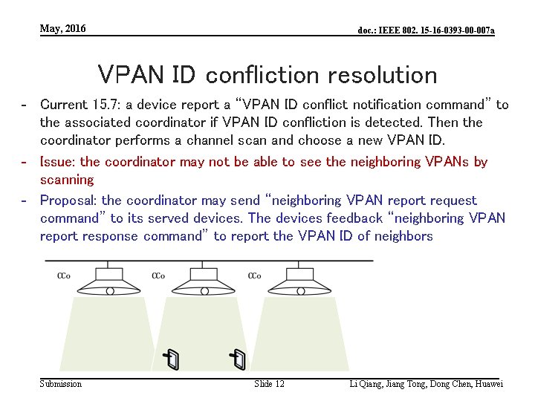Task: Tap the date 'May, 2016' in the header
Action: pos(63,29)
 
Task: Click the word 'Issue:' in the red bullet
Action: pos(58,162)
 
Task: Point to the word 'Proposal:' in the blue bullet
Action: pos(69,200)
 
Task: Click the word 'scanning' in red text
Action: pos(67,180)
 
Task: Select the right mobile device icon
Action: pos(238,359)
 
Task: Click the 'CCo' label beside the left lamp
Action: pos(64,276)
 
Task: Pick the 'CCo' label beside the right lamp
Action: pos(254,276)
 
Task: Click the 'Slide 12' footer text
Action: pos(269,384)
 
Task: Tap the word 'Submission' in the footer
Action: pos(61,384)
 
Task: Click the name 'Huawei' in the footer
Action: pos(488,384)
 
